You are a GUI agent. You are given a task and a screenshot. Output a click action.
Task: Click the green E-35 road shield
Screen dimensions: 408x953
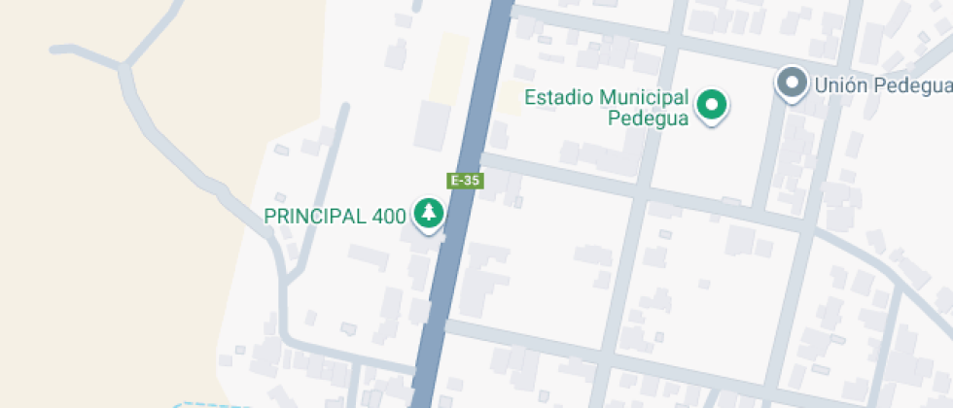point(465,180)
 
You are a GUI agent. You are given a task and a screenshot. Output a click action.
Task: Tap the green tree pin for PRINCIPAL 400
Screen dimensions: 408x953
point(428,213)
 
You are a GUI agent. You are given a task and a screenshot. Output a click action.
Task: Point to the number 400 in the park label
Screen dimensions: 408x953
point(388,216)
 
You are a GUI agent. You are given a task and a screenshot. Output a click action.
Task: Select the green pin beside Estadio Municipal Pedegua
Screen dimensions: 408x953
point(713,105)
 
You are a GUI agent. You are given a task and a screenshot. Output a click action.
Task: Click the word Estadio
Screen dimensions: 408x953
point(559,97)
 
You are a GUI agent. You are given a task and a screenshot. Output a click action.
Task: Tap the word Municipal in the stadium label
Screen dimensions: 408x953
point(645,97)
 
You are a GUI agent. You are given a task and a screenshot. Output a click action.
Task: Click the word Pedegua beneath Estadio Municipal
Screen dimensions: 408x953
point(648,119)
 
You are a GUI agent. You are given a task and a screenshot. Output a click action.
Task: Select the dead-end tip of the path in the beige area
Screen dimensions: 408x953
point(54,48)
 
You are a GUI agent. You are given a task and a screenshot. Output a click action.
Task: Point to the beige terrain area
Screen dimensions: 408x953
point(97,243)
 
